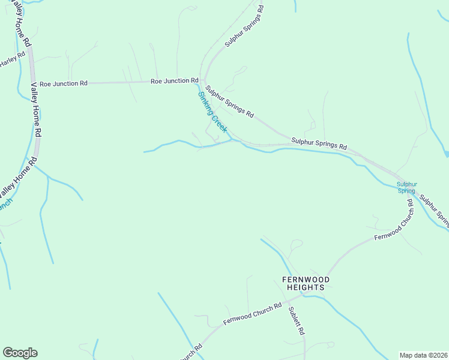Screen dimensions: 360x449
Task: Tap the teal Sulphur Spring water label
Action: point(406,187)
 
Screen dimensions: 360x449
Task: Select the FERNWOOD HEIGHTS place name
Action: point(306,283)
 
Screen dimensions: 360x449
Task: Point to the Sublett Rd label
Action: point(297,321)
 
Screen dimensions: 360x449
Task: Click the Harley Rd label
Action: point(12,59)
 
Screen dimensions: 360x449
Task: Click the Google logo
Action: point(20,353)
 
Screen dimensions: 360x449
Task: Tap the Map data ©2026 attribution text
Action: point(423,355)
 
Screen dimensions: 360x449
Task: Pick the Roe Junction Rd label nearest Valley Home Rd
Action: point(64,83)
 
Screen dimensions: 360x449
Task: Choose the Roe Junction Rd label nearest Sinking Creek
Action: point(174,80)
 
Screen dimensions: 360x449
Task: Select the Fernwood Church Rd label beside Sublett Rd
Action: point(252,314)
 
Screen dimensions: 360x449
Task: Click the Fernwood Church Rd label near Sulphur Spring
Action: point(394,220)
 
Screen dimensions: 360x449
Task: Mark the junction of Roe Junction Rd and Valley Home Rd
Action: point(32,83)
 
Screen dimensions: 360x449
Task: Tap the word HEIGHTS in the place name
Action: point(306,287)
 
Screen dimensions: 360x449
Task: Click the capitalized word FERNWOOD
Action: point(306,279)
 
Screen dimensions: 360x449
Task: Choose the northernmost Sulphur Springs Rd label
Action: point(244,26)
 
